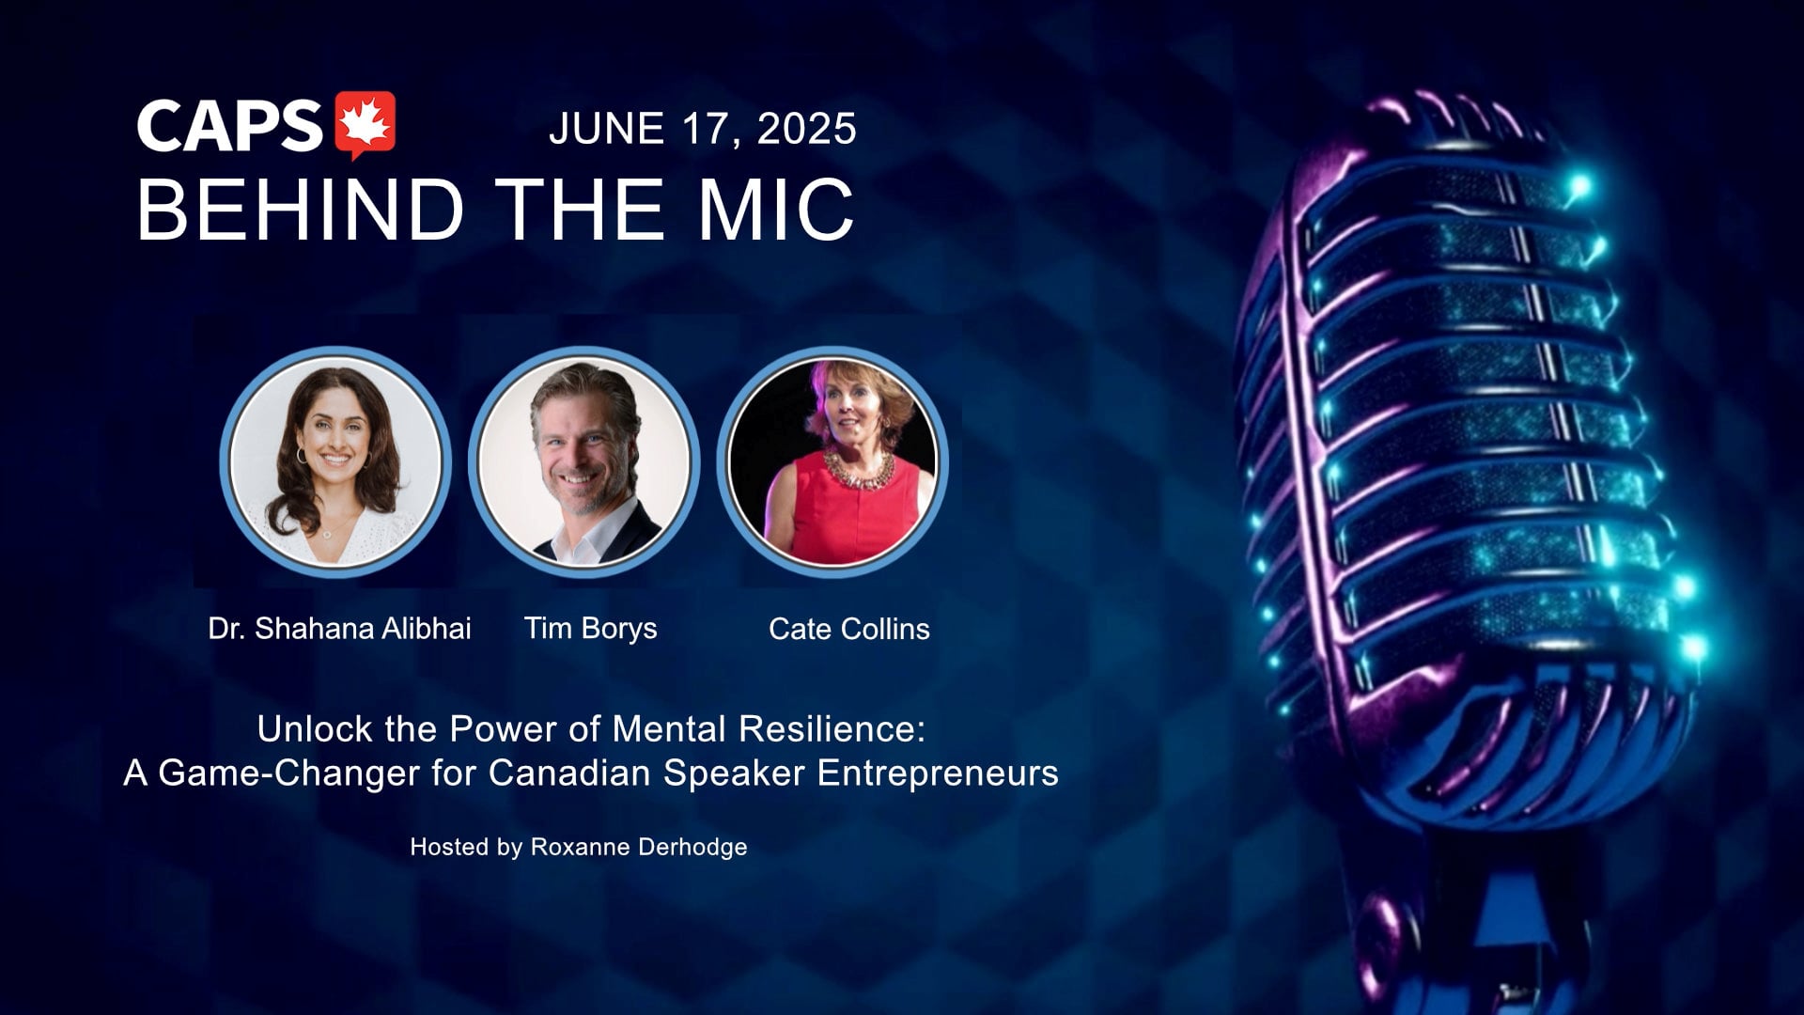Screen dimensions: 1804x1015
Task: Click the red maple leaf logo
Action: (365, 125)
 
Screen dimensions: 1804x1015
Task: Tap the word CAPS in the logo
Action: (230, 125)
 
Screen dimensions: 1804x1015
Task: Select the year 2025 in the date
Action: (807, 129)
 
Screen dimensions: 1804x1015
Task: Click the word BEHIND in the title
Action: (301, 209)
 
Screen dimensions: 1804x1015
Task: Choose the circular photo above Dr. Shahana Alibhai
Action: (335, 461)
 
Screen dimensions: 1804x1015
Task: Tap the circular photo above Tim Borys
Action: (583, 461)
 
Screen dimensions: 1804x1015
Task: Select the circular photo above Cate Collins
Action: (832, 461)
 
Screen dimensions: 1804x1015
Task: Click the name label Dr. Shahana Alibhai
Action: (340, 629)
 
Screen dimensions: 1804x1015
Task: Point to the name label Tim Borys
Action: (591, 629)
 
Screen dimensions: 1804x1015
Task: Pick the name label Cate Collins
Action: (849, 629)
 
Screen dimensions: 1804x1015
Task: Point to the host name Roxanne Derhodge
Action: (639, 847)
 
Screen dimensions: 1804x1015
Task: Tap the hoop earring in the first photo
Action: (302, 455)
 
